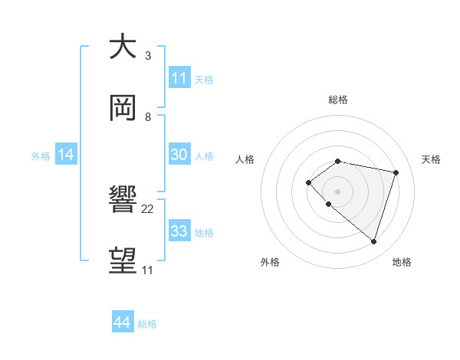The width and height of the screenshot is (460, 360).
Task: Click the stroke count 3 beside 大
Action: tap(147, 56)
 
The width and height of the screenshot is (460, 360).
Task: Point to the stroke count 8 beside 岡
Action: tap(147, 117)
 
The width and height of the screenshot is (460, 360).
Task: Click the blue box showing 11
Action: tap(179, 78)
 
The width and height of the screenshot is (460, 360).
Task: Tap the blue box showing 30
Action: tap(179, 155)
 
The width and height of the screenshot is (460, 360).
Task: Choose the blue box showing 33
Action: tap(179, 231)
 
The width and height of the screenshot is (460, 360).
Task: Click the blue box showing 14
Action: tap(66, 155)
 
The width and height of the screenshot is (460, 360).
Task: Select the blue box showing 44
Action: tap(123, 322)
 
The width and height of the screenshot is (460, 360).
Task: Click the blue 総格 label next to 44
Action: tap(147, 324)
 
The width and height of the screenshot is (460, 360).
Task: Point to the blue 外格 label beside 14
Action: tap(41, 156)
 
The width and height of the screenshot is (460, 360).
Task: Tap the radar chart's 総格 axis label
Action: tap(338, 100)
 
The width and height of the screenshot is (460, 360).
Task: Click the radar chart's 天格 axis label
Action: tap(431, 159)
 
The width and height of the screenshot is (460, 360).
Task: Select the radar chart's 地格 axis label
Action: tap(402, 262)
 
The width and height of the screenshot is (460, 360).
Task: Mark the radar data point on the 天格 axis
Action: tap(396, 172)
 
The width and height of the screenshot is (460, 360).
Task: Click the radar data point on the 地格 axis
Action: tap(373, 241)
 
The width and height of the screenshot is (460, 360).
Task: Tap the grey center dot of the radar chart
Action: tap(337, 191)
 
